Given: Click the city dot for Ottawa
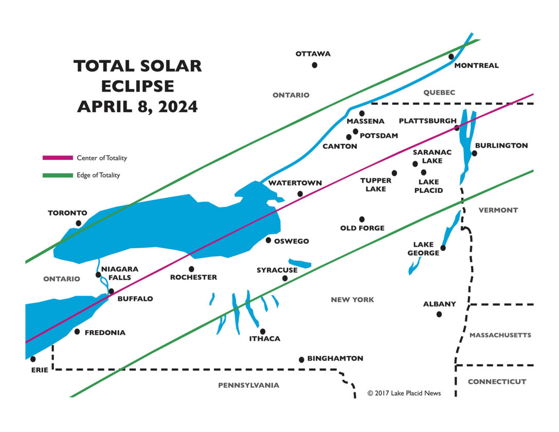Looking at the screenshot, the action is (x=314, y=65).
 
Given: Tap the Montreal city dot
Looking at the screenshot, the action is (x=451, y=57).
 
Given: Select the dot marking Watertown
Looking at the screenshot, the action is (x=300, y=194).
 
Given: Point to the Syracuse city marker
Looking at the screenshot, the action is (x=285, y=279).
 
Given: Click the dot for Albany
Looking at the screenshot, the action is (x=439, y=314).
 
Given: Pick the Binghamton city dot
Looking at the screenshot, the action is (x=301, y=359).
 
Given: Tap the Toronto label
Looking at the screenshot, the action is (x=67, y=213).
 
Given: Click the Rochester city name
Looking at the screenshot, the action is (x=193, y=277).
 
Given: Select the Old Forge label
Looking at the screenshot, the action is (x=362, y=228).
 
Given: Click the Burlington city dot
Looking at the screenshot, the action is (x=474, y=153).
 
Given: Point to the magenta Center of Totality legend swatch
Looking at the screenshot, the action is (x=58, y=158).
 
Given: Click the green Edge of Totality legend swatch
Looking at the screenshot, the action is (x=58, y=175).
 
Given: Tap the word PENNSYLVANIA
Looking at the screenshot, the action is (x=248, y=385).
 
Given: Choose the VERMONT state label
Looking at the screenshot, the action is (x=498, y=210).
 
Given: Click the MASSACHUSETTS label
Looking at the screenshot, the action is (x=500, y=335).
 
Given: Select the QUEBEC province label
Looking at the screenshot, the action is (x=439, y=93).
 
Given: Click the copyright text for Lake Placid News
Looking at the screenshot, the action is (x=404, y=393).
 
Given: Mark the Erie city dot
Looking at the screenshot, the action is (x=33, y=359).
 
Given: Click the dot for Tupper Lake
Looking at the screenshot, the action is (x=394, y=173).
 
